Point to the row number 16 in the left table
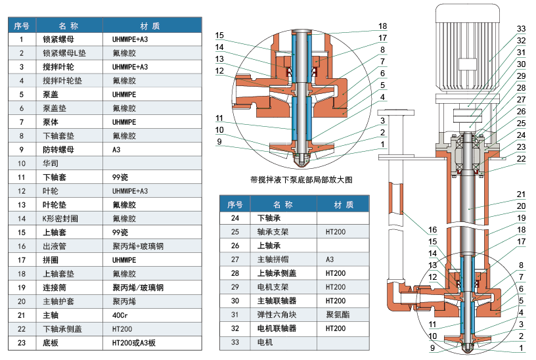[22, 246]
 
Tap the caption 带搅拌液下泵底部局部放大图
[302, 179]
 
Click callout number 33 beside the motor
[521, 29]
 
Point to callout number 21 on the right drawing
[521, 194]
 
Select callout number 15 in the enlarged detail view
[219, 35]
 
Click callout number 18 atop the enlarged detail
[382, 27]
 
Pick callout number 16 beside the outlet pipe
[433, 230]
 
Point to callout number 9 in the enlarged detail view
[219, 141]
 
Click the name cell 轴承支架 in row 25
[269, 231]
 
